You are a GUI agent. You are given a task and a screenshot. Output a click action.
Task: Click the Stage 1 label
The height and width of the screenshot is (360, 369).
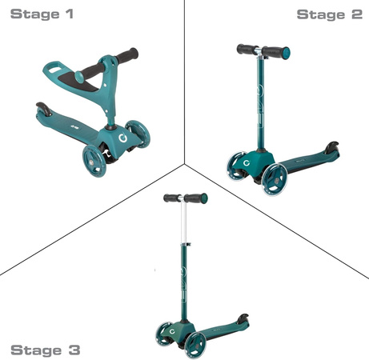[x=42, y=14]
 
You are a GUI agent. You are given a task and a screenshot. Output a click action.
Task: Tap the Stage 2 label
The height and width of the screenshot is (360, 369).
[x=330, y=14]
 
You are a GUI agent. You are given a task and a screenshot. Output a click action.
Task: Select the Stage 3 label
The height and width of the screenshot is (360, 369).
[x=46, y=350]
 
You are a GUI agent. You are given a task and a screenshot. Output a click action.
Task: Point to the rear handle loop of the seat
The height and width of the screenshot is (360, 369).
[x=54, y=68]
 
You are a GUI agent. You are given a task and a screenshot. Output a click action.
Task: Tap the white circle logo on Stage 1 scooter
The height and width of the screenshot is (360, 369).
[x=122, y=138]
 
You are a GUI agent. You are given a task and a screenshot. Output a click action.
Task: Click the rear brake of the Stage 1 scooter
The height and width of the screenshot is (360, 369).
[x=44, y=108]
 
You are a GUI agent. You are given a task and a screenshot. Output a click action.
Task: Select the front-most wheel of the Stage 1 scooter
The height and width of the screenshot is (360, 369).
[x=94, y=161]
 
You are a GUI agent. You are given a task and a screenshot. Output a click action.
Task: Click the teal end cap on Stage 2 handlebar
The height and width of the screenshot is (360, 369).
[x=286, y=52]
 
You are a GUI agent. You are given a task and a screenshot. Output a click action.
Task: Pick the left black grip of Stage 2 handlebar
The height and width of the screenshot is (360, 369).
[x=247, y=50]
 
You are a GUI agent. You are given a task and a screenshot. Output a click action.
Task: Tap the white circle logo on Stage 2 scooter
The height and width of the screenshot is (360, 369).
[x=247, y=163]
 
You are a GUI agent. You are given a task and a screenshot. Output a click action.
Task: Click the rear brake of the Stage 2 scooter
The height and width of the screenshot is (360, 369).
[x=331, y=148]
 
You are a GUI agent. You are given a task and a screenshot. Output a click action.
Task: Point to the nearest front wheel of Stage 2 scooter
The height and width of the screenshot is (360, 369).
[x=275, y=179]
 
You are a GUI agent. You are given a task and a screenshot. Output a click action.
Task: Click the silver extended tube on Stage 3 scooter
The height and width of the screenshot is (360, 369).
[x=183, y=222]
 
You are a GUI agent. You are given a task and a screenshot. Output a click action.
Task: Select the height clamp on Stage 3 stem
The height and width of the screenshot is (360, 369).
[x=186, y=244]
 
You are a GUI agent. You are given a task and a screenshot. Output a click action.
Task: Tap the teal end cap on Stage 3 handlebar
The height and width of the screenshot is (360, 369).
[x=204, y=198]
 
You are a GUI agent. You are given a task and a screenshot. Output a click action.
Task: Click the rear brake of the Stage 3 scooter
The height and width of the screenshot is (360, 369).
[x=243, y=319]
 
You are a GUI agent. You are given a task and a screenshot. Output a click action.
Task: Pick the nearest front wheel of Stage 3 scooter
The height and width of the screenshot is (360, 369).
[x=195, y=345]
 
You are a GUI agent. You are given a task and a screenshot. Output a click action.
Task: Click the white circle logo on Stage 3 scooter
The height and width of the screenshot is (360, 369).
[x=173, y=332]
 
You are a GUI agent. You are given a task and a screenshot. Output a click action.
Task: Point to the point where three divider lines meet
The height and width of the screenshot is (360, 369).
[x=184, y=163]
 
